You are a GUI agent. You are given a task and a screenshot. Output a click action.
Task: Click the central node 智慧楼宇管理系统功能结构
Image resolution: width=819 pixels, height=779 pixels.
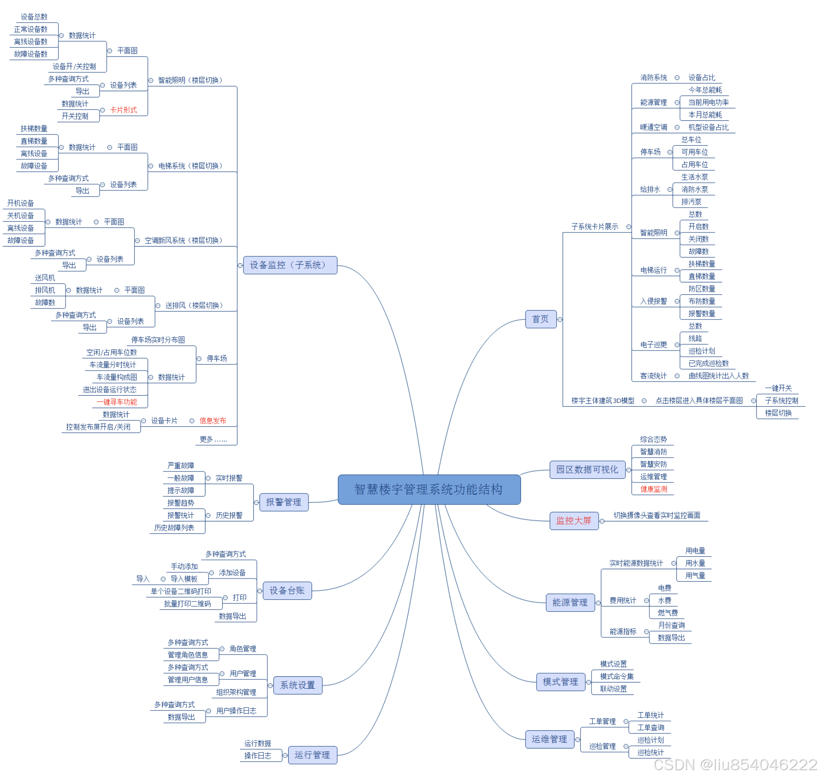pyautogui.click(x=429, y=490)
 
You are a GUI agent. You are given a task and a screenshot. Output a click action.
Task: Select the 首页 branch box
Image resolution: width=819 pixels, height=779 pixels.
pyautogui.click(x=540, y=319)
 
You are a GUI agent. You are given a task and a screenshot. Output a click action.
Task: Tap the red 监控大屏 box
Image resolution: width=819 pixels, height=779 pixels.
pyautogui.click(x=573, y=521)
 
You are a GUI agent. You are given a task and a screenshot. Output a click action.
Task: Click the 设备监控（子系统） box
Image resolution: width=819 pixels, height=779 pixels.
pyautogui.click(x=290, y=265)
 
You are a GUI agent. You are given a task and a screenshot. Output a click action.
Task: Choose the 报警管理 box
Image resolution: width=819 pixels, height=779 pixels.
pyautogui.click(x=283, y=502)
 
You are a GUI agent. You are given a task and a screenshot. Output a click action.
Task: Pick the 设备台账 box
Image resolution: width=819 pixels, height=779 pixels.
pyautogui.click(x=287, y=591)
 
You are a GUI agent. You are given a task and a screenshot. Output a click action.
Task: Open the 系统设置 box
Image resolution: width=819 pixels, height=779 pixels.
pyautogui.click(x=297, y=686)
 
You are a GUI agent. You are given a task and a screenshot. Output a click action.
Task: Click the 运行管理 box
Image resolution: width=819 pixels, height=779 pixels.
pyautogui.click(x=312, y=755)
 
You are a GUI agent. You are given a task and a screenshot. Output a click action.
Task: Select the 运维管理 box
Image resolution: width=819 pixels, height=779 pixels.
pyautogui.click(x=549, y=739)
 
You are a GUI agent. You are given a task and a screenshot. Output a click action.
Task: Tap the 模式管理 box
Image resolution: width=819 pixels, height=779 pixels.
pyautogui.click(x=560, y=682)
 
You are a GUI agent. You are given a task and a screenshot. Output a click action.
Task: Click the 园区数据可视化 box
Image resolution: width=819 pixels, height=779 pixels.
pyautogui.click(x=587, y=470)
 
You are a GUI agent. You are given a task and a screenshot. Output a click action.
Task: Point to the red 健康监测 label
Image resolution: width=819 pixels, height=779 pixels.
pyautogui.click(x=653, y=489)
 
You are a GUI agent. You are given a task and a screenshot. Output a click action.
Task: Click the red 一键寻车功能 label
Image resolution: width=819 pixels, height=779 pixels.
pyautogui.click(x=117, y=402)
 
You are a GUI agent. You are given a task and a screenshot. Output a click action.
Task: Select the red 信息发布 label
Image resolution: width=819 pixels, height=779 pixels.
pyautogui.click(x=212, y=421)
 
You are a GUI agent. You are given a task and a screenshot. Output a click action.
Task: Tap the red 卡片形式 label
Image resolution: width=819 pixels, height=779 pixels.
pyautogui.click(x=123, y=110)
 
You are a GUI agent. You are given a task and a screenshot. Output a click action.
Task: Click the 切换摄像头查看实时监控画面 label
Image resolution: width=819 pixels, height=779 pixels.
pyautogui.click(x=657, y=515)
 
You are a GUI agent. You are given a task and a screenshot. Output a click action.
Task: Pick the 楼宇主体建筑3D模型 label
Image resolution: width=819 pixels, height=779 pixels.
pyautogui.click(x=603, y=401)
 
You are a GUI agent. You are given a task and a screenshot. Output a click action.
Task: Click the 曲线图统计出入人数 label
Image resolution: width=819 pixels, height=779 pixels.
pyautogui.click(x=718, y=376)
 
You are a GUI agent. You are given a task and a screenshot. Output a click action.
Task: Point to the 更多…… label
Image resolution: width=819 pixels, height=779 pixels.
pyautogui.click(x=213, y=440)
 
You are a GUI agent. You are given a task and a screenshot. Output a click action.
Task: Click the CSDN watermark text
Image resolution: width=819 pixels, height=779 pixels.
pyautogui.click(x=735, y=765)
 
